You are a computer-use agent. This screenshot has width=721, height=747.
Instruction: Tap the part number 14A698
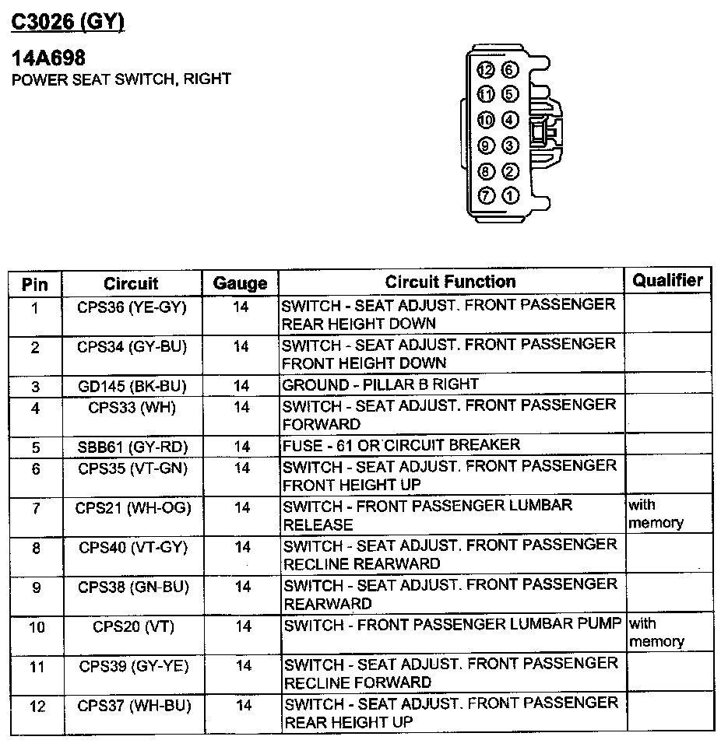click(47, 58)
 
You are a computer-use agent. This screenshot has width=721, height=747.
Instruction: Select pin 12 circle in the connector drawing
click(487, 70)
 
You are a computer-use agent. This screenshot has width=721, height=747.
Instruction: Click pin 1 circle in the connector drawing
click(510, 195)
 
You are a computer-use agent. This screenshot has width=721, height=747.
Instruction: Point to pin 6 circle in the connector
click(510, 70)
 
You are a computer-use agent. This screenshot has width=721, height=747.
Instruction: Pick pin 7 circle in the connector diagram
click(487, 195)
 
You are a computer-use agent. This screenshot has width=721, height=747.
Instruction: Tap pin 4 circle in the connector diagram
click(510, 120)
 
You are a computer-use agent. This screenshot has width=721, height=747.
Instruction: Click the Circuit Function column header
click(450, 282)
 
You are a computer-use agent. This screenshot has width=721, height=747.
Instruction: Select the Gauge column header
click(240, 283)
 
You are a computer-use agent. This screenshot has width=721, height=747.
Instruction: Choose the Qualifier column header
click(667, 280)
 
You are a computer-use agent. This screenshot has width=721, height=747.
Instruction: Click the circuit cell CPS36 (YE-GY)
click(132, 307)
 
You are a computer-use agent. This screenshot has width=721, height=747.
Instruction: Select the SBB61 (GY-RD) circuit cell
click(132, 447)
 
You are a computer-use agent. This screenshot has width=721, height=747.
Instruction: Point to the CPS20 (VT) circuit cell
click(132, 626)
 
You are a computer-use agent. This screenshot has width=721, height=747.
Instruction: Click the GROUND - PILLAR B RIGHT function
click(380, 385)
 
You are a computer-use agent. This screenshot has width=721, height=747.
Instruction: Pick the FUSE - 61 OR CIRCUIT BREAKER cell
click(401, 445)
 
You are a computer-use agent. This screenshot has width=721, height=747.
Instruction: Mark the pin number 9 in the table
click(35, 587)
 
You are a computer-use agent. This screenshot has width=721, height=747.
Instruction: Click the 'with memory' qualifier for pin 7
click(655, 514)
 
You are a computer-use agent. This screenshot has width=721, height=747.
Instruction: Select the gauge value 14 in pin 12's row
click(243, 706)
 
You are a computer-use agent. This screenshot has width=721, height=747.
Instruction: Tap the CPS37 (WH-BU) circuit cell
click(133, 706)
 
